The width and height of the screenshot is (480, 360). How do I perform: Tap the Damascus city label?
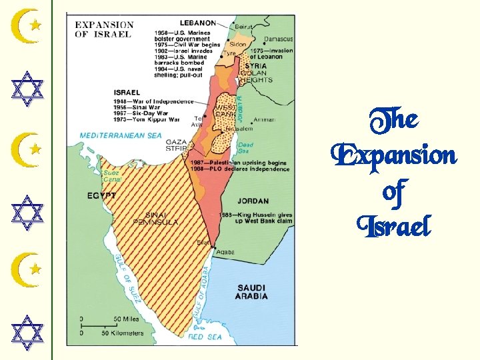[x=277, y=39]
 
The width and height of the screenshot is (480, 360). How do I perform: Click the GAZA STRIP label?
[x=177, y=146]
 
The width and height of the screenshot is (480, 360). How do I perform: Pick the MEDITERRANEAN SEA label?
[x=121, y=135]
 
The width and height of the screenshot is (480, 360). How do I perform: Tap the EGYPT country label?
[x=101, y=196]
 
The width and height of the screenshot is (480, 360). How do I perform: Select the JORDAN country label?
[x=253, y=201]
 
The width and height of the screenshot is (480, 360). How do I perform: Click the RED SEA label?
[x=205, y=337]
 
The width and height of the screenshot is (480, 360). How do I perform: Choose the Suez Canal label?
[x=111, y=175]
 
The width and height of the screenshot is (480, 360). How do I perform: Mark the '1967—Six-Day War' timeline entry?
[x=146, y=113]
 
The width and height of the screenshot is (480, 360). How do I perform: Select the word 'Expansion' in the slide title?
[x=394, y=156]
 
